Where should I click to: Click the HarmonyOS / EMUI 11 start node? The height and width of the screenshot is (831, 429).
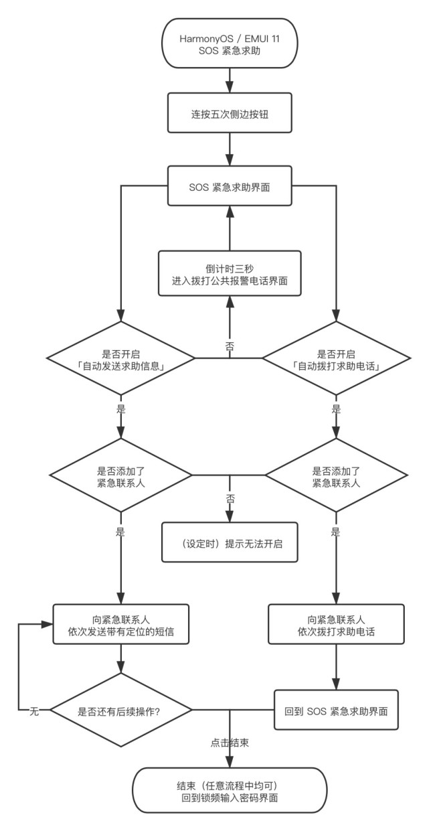[x=230, y=44]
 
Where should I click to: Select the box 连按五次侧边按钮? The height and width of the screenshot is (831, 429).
[x=230, y=112]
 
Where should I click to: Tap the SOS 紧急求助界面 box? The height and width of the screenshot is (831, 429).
[x=230, y=186]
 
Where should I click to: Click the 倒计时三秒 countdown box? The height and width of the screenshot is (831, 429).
[x=230, y=273]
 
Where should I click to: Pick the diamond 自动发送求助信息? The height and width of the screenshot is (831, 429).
[x=121, y=358]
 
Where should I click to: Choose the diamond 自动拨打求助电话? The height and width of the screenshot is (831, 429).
[x=336, y=358]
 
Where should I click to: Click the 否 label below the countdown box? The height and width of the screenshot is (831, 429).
[x=230, y=346]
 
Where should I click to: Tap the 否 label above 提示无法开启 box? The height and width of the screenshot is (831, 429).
[x=230, y=498]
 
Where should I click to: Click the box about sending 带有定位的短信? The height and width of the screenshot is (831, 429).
[x=121, y=624]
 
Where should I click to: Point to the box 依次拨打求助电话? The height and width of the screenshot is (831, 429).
[x=336, y=624]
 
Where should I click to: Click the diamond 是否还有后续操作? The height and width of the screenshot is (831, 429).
[x=121, y=710]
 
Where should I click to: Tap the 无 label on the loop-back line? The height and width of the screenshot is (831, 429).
[x=34, y=711]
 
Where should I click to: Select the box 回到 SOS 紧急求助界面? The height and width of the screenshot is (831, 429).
[x=336, y=710]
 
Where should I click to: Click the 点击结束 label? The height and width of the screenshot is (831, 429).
[x=230, y=743]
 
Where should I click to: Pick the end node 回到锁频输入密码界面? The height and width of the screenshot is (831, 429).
[x=230, y=790]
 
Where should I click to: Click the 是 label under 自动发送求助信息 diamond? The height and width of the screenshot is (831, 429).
[x=121, y=409]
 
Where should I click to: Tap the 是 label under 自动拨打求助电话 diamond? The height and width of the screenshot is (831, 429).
[x=336, y=409]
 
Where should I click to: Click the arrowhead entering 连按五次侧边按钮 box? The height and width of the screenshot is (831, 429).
[x=230, y=86]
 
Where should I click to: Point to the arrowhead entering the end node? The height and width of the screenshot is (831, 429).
[x=230, y=761]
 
